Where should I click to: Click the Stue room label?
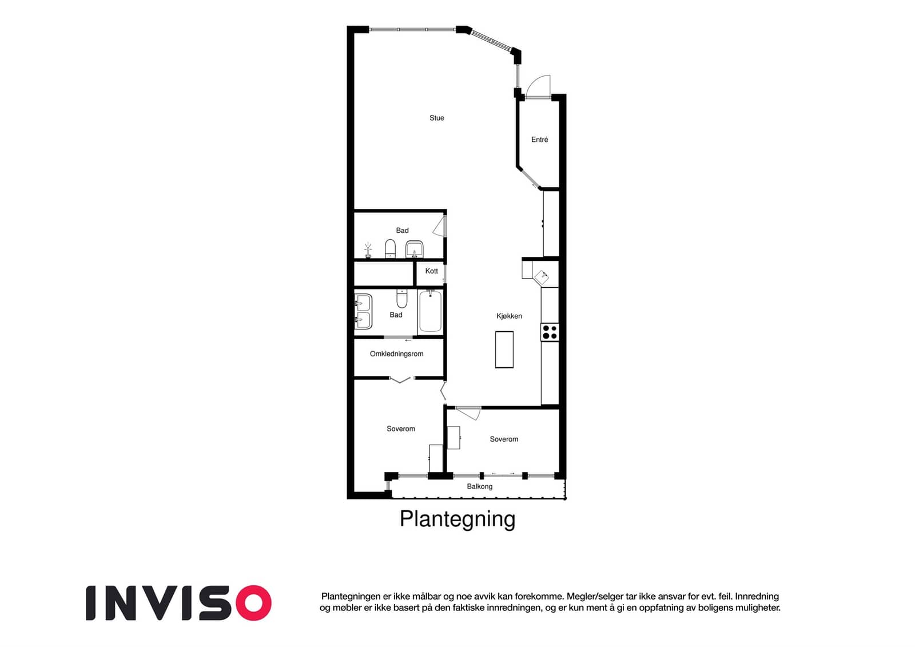click(436, 118)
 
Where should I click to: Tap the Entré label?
click(539, 140)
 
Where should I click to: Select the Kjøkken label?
click(509, 316)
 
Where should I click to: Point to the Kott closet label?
click(431, 271)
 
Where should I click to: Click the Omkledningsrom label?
click(396, 354)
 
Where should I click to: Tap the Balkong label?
click(480, 486)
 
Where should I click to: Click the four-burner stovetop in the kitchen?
click(550, 332)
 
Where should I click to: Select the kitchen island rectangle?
click(504, 350)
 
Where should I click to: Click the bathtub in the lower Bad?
click(430, 311)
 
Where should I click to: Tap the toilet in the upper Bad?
click(390, 249)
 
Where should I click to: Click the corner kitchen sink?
click(542, 277)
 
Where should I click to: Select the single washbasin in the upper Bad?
click(414, 249)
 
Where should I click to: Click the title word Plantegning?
click(457, 519)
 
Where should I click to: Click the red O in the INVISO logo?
click(254, 603)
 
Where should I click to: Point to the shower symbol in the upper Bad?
click(368, 250)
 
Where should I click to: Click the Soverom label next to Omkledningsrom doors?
click(400, 428)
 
